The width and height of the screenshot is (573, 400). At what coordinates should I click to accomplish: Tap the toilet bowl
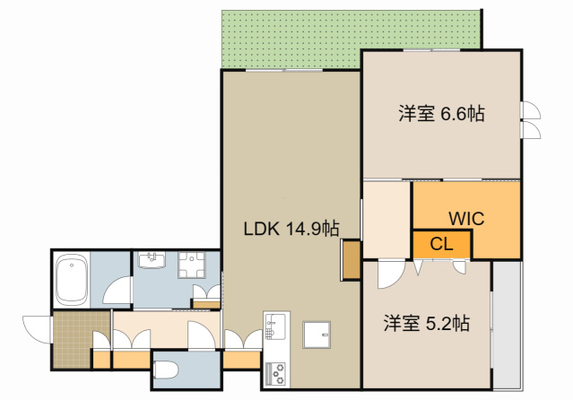coord(168,370)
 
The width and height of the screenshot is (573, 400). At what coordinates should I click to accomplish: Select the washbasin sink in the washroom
coord(151,263)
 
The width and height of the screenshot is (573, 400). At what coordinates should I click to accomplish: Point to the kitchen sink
coord(274,328)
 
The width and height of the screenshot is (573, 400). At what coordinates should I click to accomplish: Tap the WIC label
coord(466,216)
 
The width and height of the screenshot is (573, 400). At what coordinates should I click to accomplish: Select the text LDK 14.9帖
coord(291,228)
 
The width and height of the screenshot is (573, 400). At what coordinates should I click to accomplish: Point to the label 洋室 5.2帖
coord(427,322)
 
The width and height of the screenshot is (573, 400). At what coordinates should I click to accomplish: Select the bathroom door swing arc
coord(117,291)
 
